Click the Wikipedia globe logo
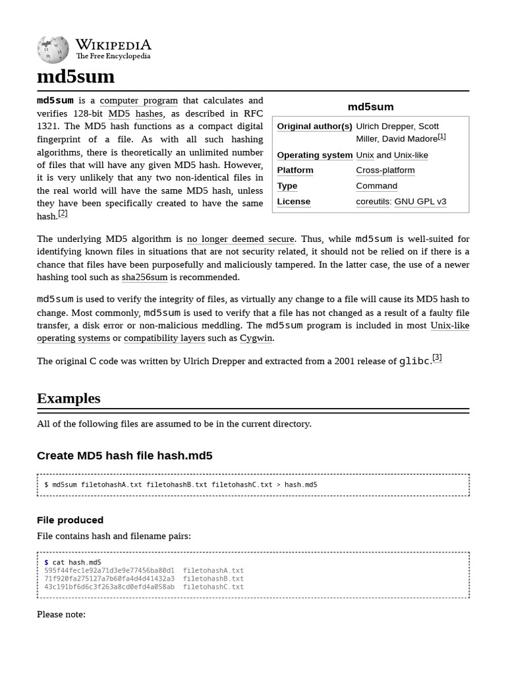click(x=53, y=49)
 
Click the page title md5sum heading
click(x=76, y=76)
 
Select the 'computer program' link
click(x=138, y=100)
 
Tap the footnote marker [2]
click(x=63, y=214)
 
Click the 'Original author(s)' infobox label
click(x=314, y=126)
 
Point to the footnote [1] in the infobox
click(x=441, y=136)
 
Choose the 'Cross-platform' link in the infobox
click(x=385, y=170)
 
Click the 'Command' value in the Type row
click(x=376, y=186)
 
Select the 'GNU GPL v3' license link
click(x=420, y=202)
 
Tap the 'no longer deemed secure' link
click(x=241, y=239)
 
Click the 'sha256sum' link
click(x=144, y=278)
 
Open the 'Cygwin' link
click(x=256, y=338)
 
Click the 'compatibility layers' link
click(x=164, y=338)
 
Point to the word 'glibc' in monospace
click(x=414, y=361)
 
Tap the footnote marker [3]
click(x=437, y=358)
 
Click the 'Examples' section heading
click(x=69, y=398)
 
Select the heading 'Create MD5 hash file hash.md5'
click(x=125, y=455)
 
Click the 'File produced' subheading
click(x=70, y=520)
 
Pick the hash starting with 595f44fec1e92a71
click(x=109, y=571)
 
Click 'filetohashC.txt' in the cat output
click(x=213, y=587)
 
